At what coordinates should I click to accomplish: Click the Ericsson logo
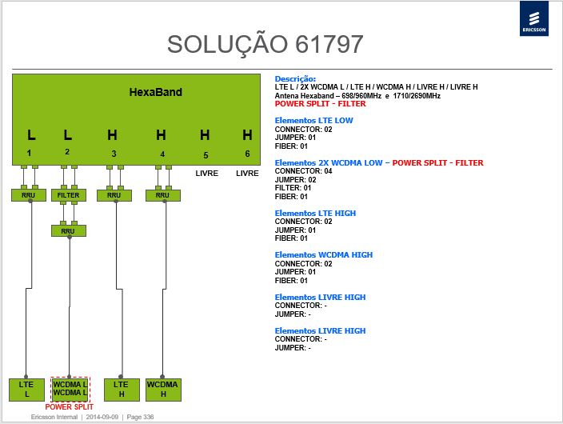pyautogui.click(x=534, y=18)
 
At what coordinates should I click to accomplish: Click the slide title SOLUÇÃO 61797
pyautogui.click(x=265, y=45)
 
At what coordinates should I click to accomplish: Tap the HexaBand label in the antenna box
pyautogui.click(x=155, y=92)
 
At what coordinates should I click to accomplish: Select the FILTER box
pyautogui.click(x=68, y=195)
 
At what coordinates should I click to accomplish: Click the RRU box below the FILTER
pyautogui.click(x=68, y=230)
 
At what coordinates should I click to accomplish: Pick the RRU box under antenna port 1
pyautogui.click(x=28, y=195)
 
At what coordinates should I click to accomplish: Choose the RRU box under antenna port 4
pyautogui.click(x=162, y=195)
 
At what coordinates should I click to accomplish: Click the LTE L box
pyautogui.click(x=26, y=390)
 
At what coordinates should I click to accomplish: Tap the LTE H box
pyautogui.click(x=122, y=390)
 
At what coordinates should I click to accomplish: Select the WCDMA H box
pyautogui.click(x=163, y=390)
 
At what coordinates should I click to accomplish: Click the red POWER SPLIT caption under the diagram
pyautogui.click(x=70, y=407)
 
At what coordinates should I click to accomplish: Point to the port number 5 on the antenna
pyautogui.click(x=206, y=155)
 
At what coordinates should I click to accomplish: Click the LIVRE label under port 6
pyautogui.click(x=247, y=173)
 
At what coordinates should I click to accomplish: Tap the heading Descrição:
pyautogui.click(x=295, y=78)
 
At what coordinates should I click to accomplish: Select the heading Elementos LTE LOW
pyautogui.click(x=313, y=120)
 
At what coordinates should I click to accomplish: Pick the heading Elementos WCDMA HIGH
pyautogui.click(x=324, y=254)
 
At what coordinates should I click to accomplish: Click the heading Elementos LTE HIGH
pyautogui.click(x=315, y=213)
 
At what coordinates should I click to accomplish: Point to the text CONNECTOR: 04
pyautogui.click(x=303, y=171)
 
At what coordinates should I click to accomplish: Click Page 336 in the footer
pyautogui.click(x=140, y=417)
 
